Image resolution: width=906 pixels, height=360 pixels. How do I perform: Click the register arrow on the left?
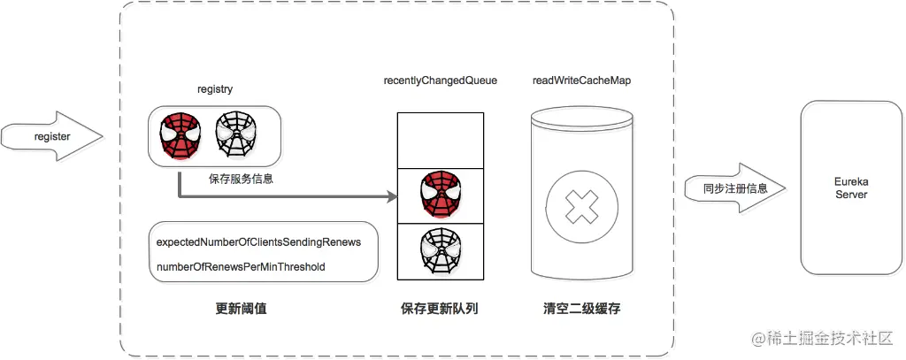click(x=50, y=136)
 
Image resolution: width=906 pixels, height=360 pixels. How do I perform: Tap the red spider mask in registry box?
click(x=180, y=135)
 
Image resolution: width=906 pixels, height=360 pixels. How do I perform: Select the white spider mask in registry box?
click(x=236, y=135)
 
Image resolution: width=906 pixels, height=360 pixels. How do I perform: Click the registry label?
click(x=215, y=90)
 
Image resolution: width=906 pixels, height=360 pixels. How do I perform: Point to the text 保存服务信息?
click(x=241, y=179)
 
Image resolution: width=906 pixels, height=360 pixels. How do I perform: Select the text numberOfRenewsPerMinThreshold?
click(x=241, y=266)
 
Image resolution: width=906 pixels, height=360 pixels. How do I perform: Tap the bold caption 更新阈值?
click(x=242, y=310)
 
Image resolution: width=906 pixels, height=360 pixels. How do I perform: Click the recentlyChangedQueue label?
click(x=440, y=80)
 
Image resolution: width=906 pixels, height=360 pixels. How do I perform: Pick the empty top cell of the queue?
click(x=440, y=141)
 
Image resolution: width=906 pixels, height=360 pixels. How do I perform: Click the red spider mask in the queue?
click(x=440, y=196)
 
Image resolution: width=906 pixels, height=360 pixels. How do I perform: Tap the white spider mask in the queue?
click(x=440, y=251)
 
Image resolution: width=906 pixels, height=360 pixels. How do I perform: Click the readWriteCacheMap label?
click(x=581, y=80)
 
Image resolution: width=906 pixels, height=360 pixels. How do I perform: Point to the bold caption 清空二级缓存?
click(x=582, y=310)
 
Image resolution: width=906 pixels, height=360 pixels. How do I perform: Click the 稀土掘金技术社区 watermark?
click(x=825, y=338)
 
